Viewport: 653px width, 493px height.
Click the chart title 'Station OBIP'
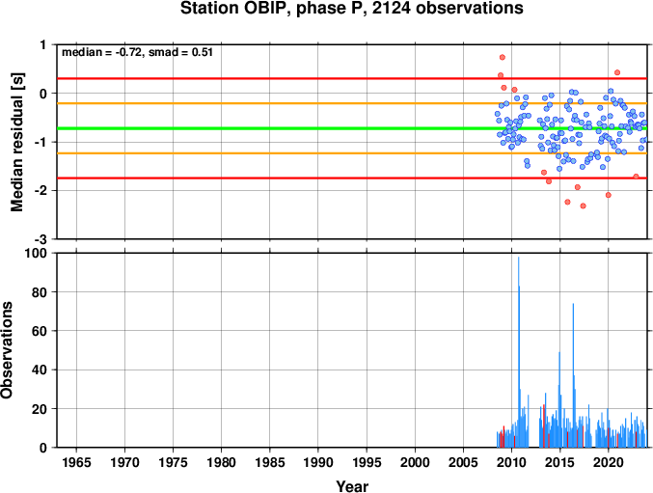pyautogui.click(x=235, y=9)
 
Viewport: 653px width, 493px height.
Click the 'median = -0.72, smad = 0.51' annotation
pyautogui.click(x=137, y=52)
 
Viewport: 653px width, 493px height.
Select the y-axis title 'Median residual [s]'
pyautogui.click(x=16, y=142)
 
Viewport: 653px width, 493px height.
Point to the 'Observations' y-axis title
pyautogui.click(x=7, y=350)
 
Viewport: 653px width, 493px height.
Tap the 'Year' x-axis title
pyautogui.click(x=352, y=486)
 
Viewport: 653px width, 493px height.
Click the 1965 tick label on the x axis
pyautogui.click(x=76, y=462)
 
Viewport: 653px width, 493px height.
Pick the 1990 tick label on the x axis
pyautogui.click(x=318, y=462)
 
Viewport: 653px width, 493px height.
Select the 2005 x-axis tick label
pyautogui.click(x=463, y=462)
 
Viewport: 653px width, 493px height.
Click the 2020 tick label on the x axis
pyautogui.click(x=609, y=462)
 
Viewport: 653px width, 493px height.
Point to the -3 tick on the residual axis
pyautogui.click(x=41, y=239)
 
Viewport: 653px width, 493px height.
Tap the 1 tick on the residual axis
pyautogui.click(x=43, y=44)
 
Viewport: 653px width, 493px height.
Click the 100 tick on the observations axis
pyautogui.click(x=37, y=253)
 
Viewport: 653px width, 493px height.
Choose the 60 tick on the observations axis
pyautogui.click(x=40, y=331)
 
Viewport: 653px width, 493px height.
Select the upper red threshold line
pyautogui.click(x=352, y=78)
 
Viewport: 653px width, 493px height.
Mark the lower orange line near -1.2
pyautogui.click(x=352, y=153)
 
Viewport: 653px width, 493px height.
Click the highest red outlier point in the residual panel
pyautogui.click(x=503, y=57)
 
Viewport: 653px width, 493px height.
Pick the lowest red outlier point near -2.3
pyautogui.click(x=583, y=205)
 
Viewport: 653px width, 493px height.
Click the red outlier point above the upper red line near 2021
pyautogui.click(x=617, y=72)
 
